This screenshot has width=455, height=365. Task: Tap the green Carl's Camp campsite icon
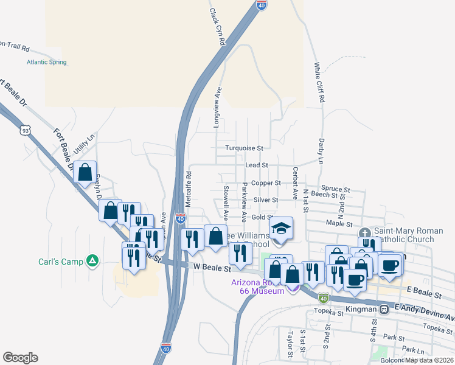click(x=92, y=260)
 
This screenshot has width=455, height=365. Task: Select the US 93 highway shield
click(x=25, y=130)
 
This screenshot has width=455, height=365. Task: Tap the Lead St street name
click(x=257, y=165)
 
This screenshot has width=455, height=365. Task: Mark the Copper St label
click(x=268, y=182)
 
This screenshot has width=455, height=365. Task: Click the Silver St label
click(x=266, y=200)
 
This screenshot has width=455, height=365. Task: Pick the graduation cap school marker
click(x=281, y=229)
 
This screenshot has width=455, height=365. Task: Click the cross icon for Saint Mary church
click(x=364, y=232)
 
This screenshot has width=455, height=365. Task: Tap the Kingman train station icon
click(x=384, y=309)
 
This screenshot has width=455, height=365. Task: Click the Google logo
click(x=20, y=358)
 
